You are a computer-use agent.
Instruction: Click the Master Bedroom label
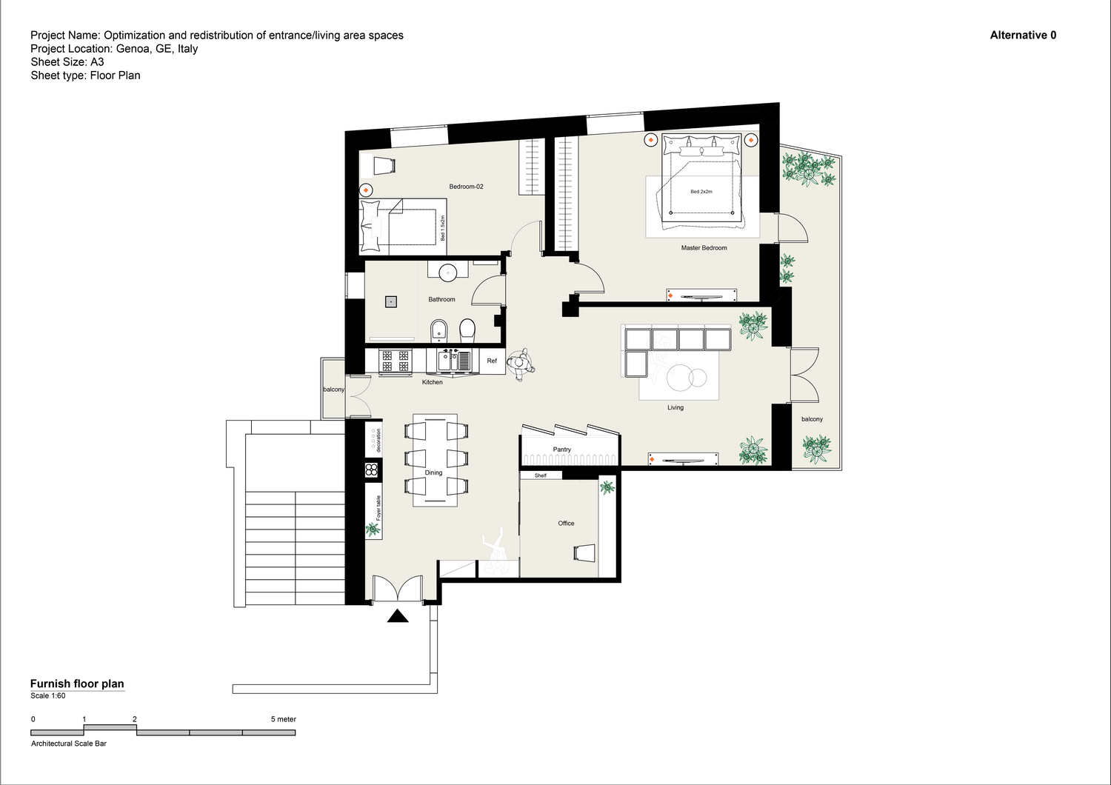coord(704,248)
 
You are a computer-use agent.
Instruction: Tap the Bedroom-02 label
coord(466,187)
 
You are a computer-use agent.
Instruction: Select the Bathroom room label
coord(441,299)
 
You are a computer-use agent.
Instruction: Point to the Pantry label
coord(562,450)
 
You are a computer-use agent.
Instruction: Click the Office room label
coord(566,523)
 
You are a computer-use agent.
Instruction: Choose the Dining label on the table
coord(433,472)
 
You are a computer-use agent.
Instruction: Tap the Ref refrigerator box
coord(492,361)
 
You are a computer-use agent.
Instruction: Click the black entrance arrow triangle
coord(397,616)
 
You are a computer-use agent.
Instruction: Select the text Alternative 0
coord(1023,36)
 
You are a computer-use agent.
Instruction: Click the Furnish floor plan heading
coord(77,684)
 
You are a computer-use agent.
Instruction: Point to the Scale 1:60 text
coord(48,695)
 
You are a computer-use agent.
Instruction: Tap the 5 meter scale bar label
coord(283,719)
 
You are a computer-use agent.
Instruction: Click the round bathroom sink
coord(448,273)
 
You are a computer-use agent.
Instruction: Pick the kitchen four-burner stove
coord(396,361)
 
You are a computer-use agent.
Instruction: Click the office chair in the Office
coord(584,553)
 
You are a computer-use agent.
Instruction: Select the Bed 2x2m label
coord(701,191)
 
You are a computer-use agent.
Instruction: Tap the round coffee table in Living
coord(679,378)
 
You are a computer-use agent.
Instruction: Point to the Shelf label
coord(541,475)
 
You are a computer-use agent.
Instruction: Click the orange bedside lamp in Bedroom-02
coord(366,190)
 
